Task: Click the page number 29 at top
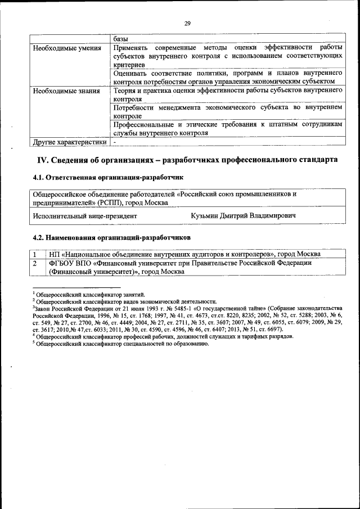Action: point(187,23)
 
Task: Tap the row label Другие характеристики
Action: point(69,142)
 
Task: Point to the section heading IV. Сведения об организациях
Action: point(187,160)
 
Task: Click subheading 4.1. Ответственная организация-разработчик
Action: point(108,178)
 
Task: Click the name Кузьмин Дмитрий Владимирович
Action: point(244,215)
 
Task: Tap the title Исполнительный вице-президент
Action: point(84,215)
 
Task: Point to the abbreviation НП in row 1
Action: point(55,254)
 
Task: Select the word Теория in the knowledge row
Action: point(125,91)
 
